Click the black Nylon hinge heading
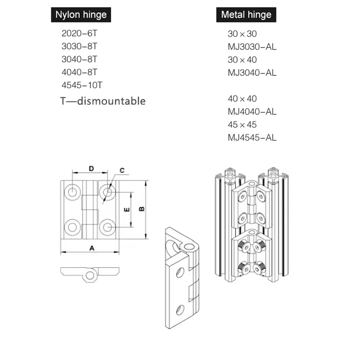coord(81,15)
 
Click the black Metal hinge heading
coord(246,15)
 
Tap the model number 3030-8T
coord(79,47)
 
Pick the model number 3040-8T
coord(79,60)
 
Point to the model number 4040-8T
coord(79,72)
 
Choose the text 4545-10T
coord(82,85)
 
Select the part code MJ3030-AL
coord(252,47)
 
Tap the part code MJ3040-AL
coord(252,73)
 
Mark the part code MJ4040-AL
coord(252,112)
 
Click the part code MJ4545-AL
coord(252,138)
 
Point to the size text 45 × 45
coord(242,125)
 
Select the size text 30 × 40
coord(242,60)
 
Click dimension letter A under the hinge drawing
coord(91,248)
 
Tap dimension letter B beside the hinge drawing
coord(142,209)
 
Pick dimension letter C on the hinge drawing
coord(122,170)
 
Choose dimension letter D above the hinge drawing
coord(91,168)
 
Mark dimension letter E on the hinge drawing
coord(126,209)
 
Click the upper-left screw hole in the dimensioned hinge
coord(72,192)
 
